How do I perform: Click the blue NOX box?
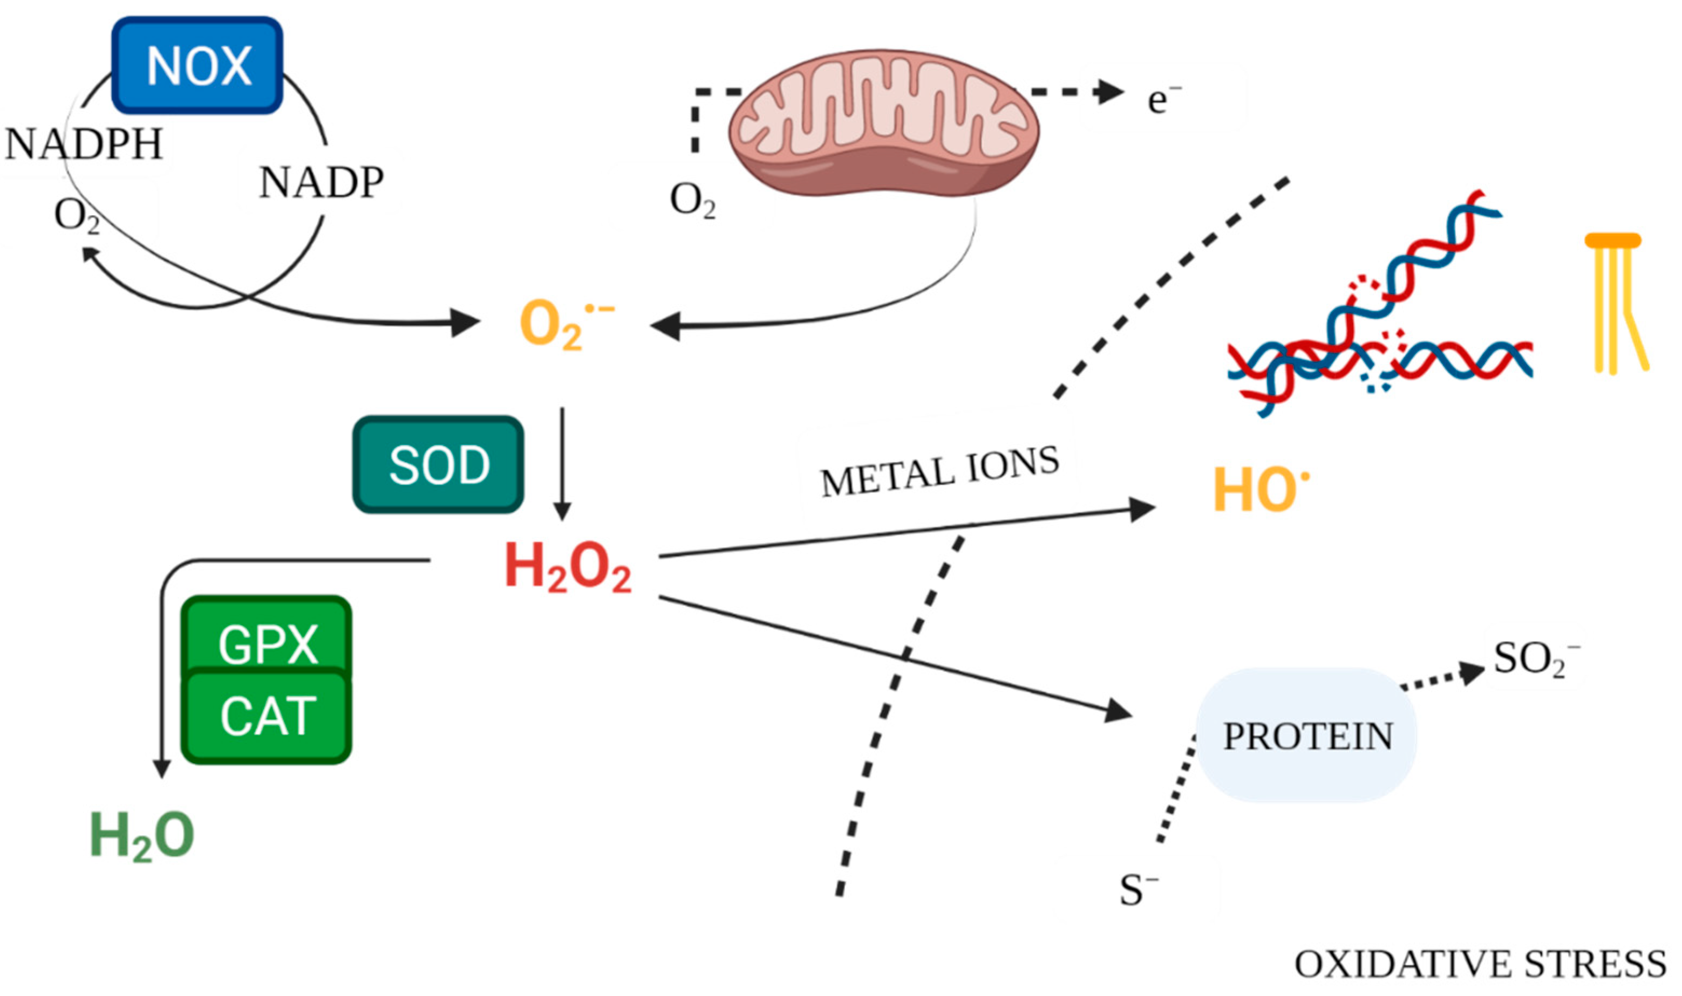(x=197, y=65)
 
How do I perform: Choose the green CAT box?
(x=267, y=717)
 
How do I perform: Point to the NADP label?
(x=321, y=183)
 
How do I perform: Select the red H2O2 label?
(x=567, y=568)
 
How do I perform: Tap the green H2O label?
(x=142, y=836)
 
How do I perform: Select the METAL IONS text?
(x=939, y=472)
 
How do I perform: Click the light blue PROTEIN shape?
(x=1306, y=736)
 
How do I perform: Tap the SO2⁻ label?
(x=1535, y=660)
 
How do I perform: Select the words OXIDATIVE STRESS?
(x=1480, y=965)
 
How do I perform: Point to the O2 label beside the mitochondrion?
(x=692, y=200)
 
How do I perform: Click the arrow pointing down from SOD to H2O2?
(x=562, y=463)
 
